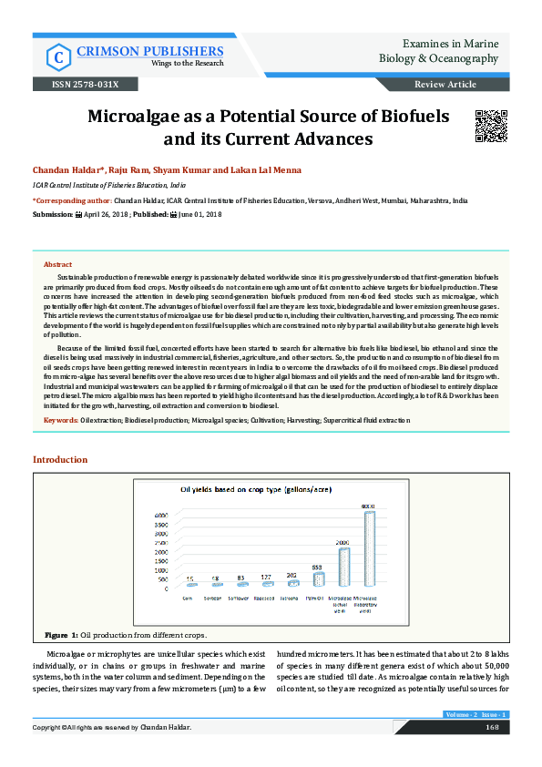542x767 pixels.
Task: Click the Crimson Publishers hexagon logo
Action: (x=58, y=56)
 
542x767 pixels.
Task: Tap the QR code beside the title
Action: (x=490, y=124)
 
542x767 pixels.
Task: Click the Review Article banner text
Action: (x=445, y=84)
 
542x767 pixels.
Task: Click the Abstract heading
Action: (x=58, y=263)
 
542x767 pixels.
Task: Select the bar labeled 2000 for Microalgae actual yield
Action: (x=343, y=568)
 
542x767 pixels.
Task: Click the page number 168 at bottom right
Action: (x=491, y=727)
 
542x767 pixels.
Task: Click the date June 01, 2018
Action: (x=200, y=213)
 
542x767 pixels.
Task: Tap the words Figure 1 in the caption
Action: (x=60, y=633)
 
